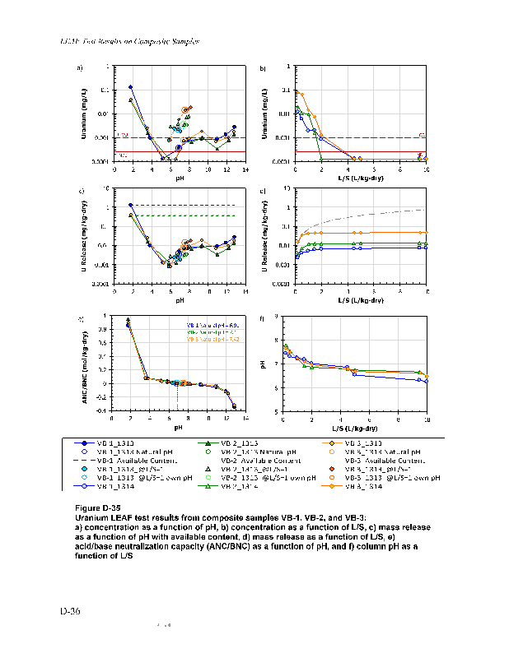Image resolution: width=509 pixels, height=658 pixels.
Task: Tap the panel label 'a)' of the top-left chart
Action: [x=80, y=67]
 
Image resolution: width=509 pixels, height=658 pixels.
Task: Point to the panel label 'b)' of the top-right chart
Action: [x=263, y=67]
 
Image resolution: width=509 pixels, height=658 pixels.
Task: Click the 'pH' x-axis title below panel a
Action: [x=178, y=178]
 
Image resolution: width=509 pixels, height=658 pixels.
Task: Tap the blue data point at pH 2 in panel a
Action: [x=131, y=87]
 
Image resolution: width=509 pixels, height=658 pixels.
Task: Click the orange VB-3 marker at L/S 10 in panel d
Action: [x=427, y=233]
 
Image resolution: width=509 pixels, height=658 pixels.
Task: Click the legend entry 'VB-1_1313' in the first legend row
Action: [x=115, y=443]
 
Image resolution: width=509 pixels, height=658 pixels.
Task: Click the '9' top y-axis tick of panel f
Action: [x=276, y=317]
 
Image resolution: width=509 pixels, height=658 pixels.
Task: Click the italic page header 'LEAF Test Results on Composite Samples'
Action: [x=131, y=40]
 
